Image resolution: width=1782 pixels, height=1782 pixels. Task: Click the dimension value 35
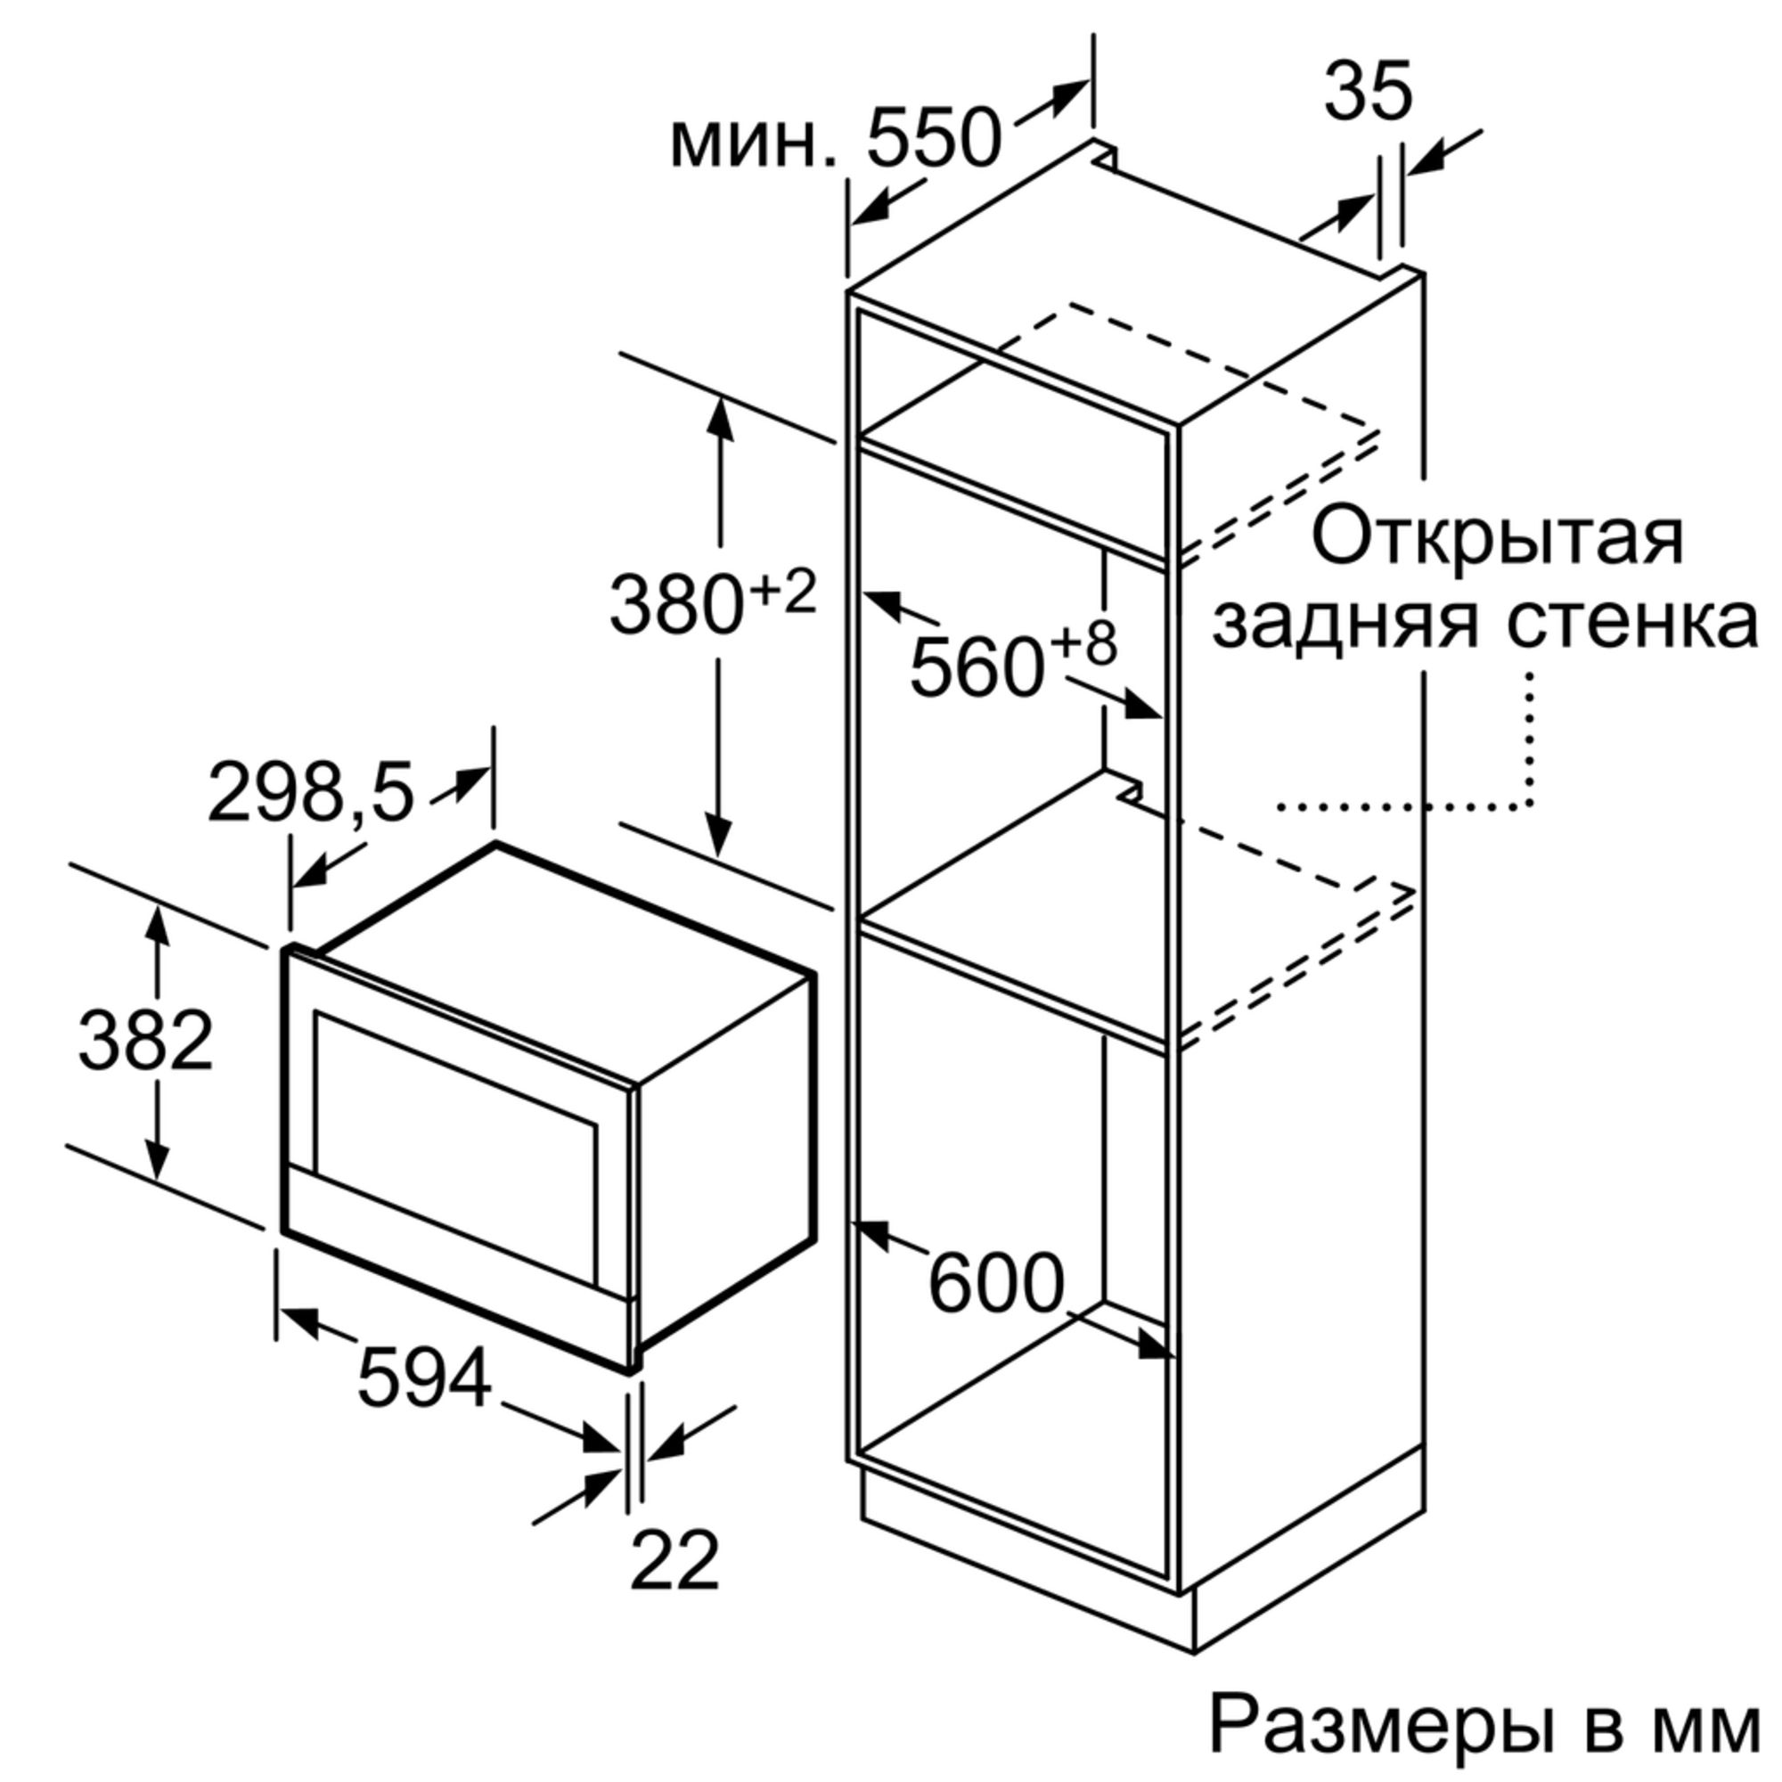pyautogui.click(x=1368, y=93)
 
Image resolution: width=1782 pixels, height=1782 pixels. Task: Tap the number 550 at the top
pyautogui.click(x=933, y=138)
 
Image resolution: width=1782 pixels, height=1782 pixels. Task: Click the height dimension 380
pyautogui.click(x=676, y=605)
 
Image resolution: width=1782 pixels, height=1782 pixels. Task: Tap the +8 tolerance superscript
pyautogui.click(x=1083, y=644)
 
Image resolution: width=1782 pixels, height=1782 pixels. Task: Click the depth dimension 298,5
pyautogui.click(x=312, y=791)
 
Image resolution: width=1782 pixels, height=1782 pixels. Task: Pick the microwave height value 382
pyautogui.click(x=146, y=1041)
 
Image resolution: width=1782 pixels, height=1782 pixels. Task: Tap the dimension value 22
pyautogui.click(x=674, y=1561)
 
